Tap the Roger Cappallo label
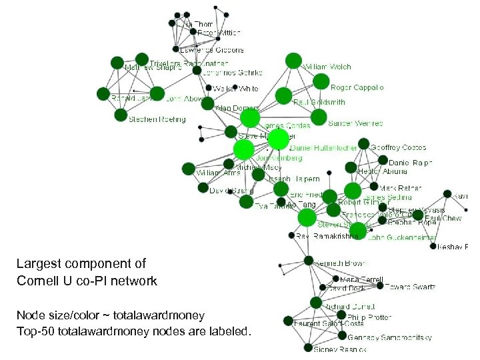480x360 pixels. (x=357, y=87)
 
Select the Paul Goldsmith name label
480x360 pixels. (x=319, y=103)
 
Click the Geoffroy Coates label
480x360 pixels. (x=398, y=147)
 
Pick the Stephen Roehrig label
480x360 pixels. (x=157, y=120)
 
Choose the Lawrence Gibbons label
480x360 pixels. (x=212, y=50)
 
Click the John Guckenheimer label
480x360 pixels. (x=402, y=237)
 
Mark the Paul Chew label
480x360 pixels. (x=443, y=218)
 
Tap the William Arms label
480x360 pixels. (x=217, y=173)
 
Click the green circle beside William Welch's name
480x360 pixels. (x=293, y=61)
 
